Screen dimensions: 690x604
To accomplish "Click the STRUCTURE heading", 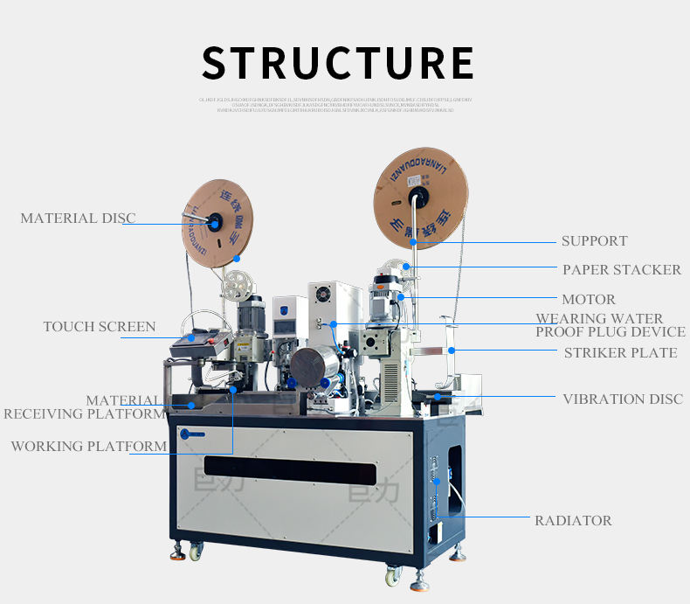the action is tap(337, 63).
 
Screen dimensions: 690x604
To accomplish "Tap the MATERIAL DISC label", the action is tap(78, 219).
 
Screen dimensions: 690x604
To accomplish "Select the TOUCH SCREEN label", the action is tap(100, 327).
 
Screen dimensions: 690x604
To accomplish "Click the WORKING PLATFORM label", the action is tap(88, 447).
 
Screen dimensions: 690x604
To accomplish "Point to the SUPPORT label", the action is tap(594, 241).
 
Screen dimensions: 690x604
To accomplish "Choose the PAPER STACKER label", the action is tap(621, 270).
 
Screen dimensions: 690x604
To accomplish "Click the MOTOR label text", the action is tap(588, 300).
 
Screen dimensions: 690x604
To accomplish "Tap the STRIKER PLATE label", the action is tap(620, 353).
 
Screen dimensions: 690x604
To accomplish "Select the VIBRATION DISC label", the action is tap(622, 399).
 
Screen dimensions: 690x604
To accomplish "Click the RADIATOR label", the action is tap(573, 521).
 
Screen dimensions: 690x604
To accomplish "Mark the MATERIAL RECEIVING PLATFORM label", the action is tap(84, 407).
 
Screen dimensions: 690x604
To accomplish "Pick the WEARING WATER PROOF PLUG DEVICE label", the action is tap(610, 325).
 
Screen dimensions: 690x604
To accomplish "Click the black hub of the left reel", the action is tap(213, 222).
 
